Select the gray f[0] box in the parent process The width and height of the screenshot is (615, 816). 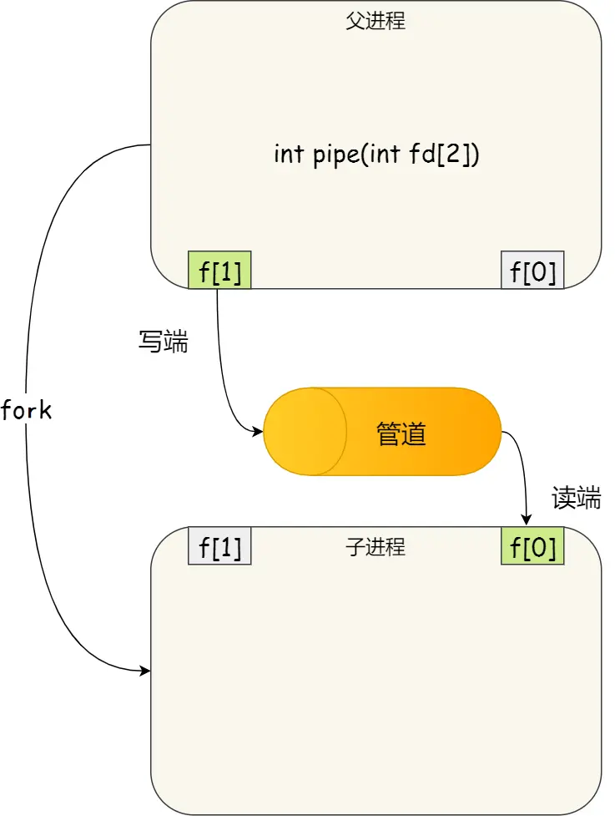click(x=532, y=271)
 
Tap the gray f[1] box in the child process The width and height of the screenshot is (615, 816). click(x=220, y=547)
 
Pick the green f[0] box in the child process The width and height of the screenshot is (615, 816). click(x=532, y=547)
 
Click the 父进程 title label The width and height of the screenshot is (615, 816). click(x=376, y=22)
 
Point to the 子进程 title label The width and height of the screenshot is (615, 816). click(x=376, y=547)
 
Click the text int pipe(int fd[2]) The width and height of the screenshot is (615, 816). click(x=376, y=155)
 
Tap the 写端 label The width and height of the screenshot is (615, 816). click(x=163, y=342)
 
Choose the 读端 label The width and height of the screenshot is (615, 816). click(x=576, y=499)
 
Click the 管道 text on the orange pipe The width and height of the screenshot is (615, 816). click(x=401, y=433)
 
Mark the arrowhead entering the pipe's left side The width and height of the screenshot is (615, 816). click(x=258, y=432)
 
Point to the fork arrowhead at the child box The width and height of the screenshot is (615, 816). click(x=145, y=670)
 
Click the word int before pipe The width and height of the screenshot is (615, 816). click(x=290, y=155)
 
